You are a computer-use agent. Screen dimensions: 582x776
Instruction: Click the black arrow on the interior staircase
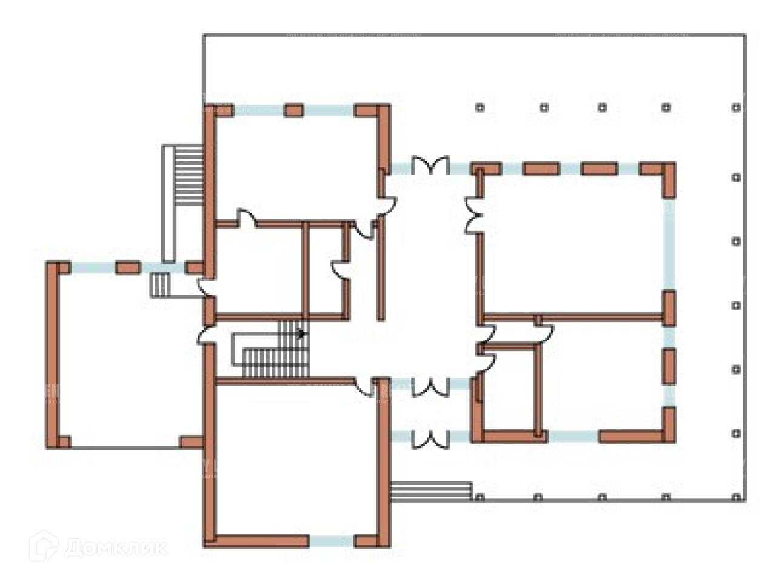[302, 333]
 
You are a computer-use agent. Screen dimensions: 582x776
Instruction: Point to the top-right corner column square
[736, 108]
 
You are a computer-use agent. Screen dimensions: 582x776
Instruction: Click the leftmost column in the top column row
[480, 108]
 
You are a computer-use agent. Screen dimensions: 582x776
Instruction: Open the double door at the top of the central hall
[430, 166]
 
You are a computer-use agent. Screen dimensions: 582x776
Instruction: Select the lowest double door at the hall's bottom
[430, 438]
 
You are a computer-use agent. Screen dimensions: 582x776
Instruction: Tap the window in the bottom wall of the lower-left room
[332, 541]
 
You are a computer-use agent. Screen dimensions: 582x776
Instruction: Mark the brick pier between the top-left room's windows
[294, 110]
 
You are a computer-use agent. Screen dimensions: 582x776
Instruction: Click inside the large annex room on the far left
[127, 358]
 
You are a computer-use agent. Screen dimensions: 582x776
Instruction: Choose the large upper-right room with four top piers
[573, 242]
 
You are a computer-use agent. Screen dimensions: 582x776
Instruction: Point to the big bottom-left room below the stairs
[297, 461]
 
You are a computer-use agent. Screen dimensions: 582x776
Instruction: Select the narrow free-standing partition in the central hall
[381, 270]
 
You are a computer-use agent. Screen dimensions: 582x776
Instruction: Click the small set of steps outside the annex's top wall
[159, 284]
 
